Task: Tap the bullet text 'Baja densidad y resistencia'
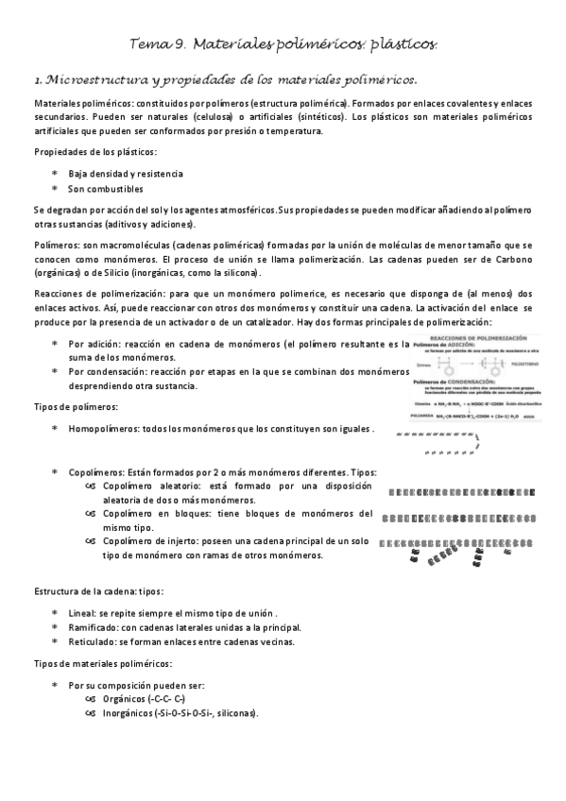point(126,174)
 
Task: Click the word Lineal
point(82,613)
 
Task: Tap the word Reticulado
point(92,641)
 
